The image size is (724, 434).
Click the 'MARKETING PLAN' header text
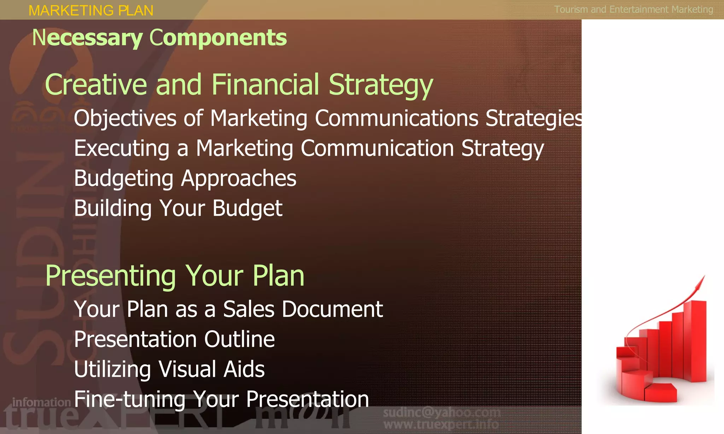point(91,11)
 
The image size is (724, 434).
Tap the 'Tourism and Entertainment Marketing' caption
point(633,10)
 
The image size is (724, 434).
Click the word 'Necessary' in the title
point(87,38)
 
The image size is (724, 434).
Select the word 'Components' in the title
point(218,38)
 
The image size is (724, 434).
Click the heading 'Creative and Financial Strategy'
point(239,85)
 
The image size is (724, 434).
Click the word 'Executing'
point(122,148)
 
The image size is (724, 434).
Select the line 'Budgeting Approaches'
point(185,178)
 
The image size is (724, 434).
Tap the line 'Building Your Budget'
point(178,208)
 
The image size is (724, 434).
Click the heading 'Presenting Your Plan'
point(175,276)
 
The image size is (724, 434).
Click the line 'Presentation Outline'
point(174,339)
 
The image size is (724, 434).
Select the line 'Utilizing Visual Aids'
point(169,369)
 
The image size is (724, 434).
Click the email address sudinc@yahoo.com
point(442,412)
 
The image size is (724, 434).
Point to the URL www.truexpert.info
point(441,424)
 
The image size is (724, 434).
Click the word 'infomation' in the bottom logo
point(41,402)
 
